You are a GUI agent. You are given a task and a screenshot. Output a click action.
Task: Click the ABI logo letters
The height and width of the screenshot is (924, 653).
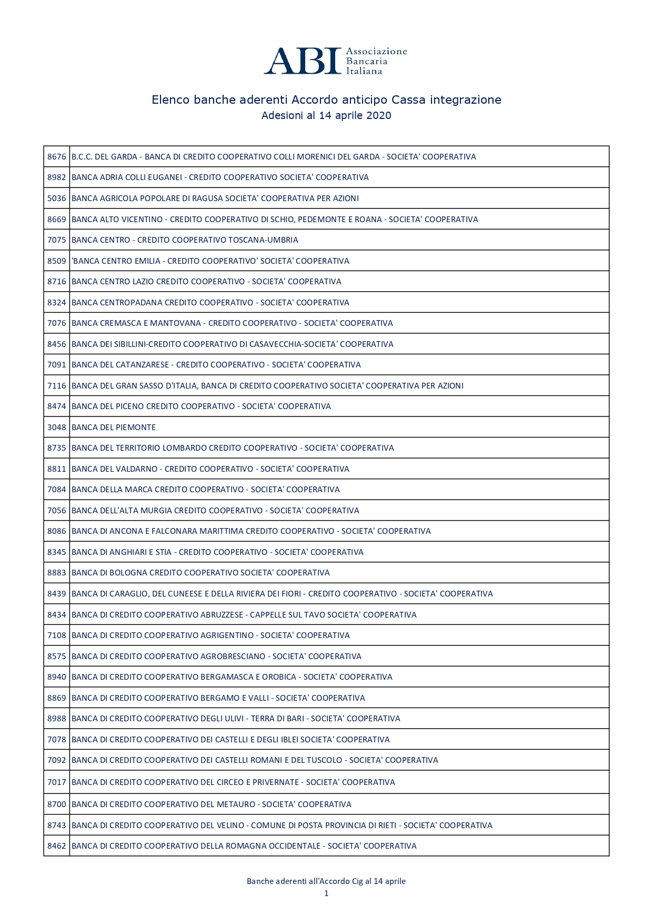pos(303,61)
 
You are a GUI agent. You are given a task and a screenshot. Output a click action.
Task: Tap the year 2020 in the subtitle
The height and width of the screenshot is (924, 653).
pos(378,116)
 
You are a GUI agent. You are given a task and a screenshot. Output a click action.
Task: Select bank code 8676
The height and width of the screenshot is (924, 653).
pos(57,157)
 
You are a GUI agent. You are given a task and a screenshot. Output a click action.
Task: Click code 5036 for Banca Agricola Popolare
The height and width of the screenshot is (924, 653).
pos(57,198)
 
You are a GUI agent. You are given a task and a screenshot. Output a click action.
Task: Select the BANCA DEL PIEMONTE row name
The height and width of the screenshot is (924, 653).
pos(114,428)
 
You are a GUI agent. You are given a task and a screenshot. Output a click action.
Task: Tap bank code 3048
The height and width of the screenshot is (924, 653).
pos(57,428)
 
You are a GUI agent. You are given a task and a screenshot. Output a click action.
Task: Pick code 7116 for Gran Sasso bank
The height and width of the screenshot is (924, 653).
pos(57,386)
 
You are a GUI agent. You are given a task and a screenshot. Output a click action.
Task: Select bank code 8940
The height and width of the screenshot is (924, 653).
pos(57,677)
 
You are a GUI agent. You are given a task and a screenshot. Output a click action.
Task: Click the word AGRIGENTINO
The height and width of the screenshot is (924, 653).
pos(227,635)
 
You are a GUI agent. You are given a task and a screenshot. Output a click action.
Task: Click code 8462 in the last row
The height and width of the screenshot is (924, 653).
pos(57,846)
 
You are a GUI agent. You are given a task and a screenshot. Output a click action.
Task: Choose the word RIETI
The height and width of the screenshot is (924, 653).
pos(387,826)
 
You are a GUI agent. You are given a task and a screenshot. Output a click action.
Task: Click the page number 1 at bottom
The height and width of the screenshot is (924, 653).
pos(326,893)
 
